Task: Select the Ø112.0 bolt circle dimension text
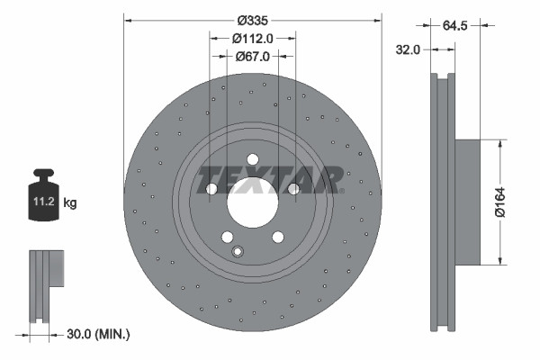tap(253, 38)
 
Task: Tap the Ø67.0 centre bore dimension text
tap(253, 57)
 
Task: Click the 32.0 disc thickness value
tap(409, 50)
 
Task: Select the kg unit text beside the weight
tap(70, 203)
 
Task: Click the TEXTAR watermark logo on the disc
tap(270, 178)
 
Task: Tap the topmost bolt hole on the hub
tap(252, 160)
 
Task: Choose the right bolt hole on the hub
tap(293, 189)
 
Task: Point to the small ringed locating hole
tap(238, 252)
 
